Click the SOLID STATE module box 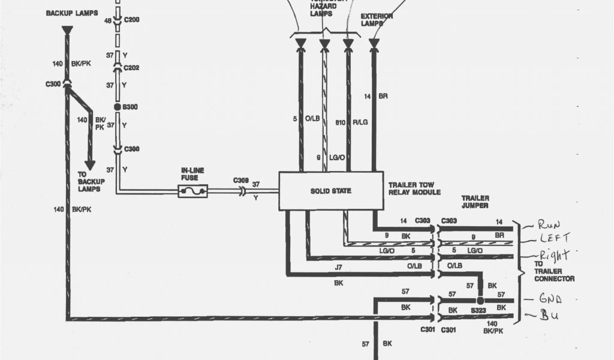[331, 191]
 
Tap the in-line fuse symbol [192, 191]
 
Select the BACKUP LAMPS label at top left [72, 13]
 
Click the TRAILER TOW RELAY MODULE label [414, 188]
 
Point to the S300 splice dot [118, 106]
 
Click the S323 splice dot [480, 300]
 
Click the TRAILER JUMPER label [475, 202]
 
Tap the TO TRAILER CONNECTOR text [553, 271]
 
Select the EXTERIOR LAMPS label [377, 20]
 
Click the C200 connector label [131, 20]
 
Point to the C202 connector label [131, 68]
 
